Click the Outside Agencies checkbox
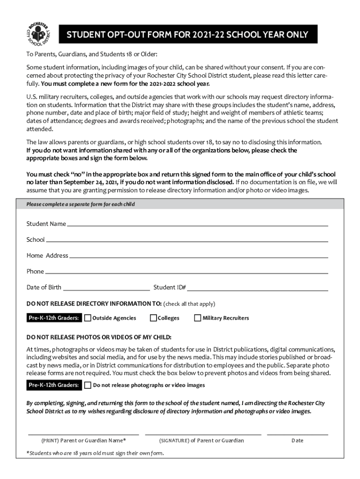88,318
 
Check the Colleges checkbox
153,318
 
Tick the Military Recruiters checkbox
197,318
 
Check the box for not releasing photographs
88,385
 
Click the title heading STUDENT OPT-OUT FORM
187,35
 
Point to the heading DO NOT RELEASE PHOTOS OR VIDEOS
99,337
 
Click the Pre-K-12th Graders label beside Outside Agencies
54,318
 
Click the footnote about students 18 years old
95,453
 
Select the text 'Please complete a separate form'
80,204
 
